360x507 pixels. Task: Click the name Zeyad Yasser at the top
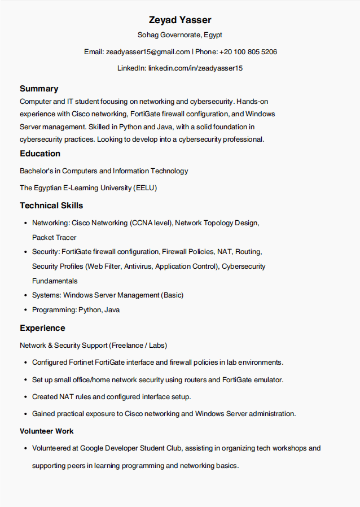tap(180, 20)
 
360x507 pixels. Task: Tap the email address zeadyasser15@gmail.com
tap(148, 52)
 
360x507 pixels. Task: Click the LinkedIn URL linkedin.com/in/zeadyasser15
tap(195, 68)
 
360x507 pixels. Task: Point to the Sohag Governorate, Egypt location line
tap(180, 35)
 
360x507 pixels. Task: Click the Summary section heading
tap(39, 89)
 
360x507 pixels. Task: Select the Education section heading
tap(40, 154)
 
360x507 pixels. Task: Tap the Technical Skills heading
tap(51, 206)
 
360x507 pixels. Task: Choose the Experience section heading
tap(42, 328)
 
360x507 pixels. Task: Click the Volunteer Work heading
tap(47, 431)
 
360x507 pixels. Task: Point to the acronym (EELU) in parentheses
tap(146, 188)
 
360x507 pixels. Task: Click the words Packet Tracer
tap(54, 238)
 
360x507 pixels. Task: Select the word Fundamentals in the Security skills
tap(55, 281)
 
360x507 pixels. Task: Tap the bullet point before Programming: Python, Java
tap(26, 310)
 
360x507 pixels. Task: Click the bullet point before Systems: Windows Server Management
tap(26, 295)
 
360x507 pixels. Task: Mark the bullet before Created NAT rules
tap(26, 397)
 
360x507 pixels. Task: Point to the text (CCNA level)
tap(151, 223)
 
